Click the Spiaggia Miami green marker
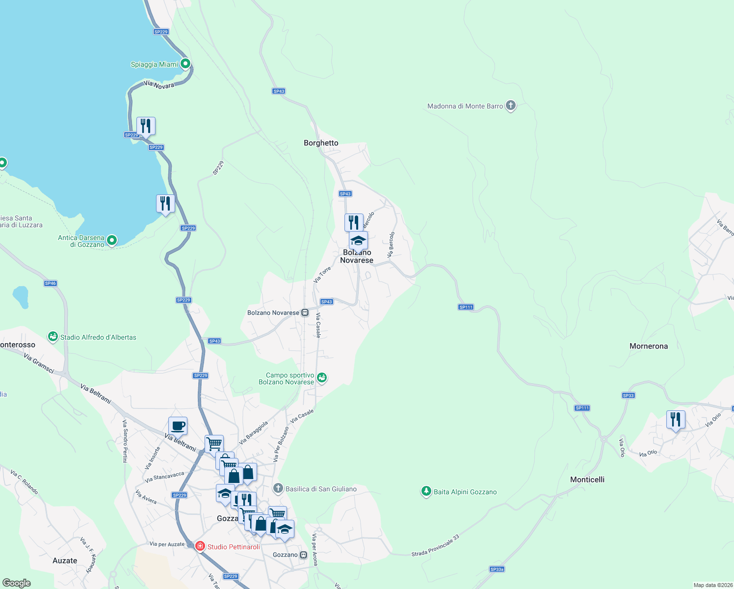(x=185, y=63)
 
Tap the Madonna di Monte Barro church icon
(x=510, y=105)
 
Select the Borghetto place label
(x=321, y=143)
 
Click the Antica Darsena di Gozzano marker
(x=112, y=240)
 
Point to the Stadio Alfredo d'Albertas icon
(x=52, y=337)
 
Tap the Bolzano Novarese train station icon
(x=305, y=312)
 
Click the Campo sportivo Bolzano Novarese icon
(x=321, y=377)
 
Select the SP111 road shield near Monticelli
(x=582, y=408)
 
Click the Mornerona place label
(x=648, y=346)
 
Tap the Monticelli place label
(x=587, y=480)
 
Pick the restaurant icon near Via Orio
(x=676, y=420)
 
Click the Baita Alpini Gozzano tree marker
(x=426, y=491)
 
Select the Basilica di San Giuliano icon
(x=278, y=488)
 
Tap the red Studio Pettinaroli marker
(x=200, y=546)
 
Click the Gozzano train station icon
(x=303, y=555)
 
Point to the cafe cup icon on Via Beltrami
(x=178, y=426)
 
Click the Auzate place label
(x=65, y=561)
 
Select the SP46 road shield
(x=51, y=283)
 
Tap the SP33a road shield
(x=497, y=569)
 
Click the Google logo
(x=17, y=583)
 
